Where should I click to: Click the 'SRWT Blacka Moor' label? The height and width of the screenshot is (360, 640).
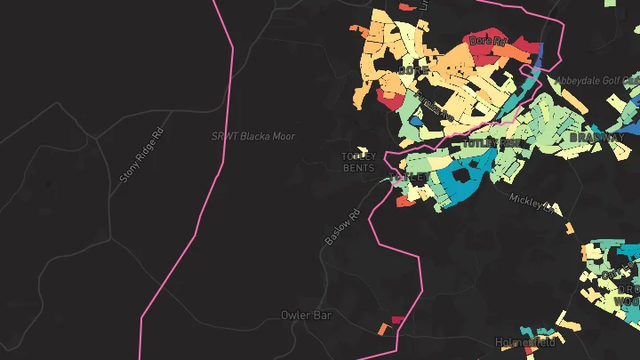point(252,136)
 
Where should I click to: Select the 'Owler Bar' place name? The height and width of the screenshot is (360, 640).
point(306,315)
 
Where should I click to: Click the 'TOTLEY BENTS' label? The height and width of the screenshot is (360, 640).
point(359,162)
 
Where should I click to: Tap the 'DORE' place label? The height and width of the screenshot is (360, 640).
point(414,69)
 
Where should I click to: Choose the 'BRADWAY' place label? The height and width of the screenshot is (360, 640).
point(593,138)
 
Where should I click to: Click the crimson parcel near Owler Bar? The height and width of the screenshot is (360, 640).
point(398,319)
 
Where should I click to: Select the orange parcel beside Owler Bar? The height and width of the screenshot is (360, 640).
point(383,329)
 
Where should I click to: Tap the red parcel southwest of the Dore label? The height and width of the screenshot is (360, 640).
point(391,100)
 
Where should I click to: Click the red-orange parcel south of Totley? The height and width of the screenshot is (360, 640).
point(405,202)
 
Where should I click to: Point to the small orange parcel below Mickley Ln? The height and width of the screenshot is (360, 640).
point(570,228)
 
